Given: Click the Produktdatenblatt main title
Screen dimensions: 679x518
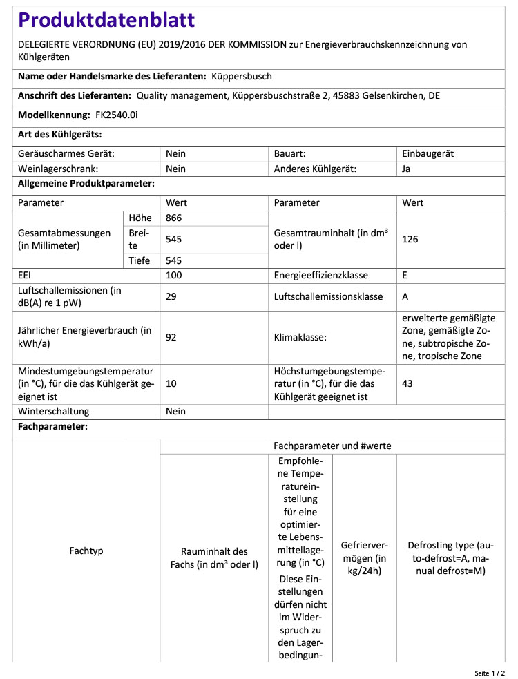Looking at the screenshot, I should pyautogui.click(x=106, y=21).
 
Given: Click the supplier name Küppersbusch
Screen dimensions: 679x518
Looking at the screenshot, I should pyautogui.click(x=241, y=77).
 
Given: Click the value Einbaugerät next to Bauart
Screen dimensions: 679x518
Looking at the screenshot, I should pyautogui.click(x=428, y=154).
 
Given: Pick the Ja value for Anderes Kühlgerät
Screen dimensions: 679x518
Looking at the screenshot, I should pyautogui.click(x=406, y=169).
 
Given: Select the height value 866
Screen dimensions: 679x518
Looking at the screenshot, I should pyautogui.click(x=175, y=218).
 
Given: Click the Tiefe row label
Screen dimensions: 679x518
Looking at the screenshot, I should pyautogui.click(x=140, y=260).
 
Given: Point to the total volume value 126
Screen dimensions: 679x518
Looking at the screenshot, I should pyautogui.click(x=410, y=239).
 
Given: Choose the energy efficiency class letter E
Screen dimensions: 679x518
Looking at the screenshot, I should pyautogui.click(x=405, y=275).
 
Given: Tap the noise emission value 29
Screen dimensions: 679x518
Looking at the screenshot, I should pyautogui.click(x=172, y=297).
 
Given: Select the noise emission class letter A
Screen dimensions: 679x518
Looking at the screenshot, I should pyautogui.click(x=405, y=297).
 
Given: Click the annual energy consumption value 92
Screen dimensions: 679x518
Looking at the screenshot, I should pyautogui.click(x=172, y=338).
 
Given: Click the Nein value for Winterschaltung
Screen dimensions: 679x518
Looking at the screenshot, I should pyautogui.click(x=176, y=412).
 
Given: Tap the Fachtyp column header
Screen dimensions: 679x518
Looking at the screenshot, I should pyautogui.click(x=86, y=551).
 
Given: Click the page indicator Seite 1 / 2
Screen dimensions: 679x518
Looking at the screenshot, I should pyautogui.click(x=490, y=672).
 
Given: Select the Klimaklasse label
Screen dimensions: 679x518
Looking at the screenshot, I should pyautogui.click(x=302, y=338).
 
